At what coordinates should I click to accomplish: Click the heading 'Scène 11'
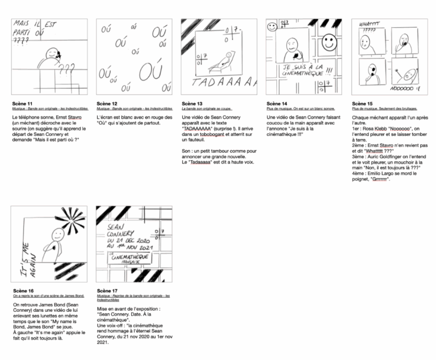coord(23,104)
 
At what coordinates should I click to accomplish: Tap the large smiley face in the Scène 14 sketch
coord(328,42)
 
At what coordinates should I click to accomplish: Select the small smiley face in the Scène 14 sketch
coord(272,26)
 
